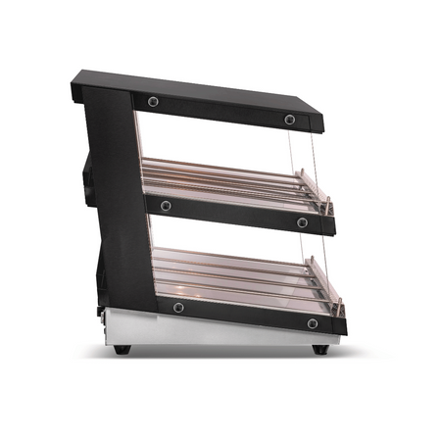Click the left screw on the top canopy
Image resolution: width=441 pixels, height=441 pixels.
(154, 101)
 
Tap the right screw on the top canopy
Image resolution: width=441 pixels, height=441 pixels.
(290, 119)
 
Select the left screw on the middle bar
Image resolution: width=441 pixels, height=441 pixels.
(166, 205)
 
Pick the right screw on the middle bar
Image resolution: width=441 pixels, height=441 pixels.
(302, 222)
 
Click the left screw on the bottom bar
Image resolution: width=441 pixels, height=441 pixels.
(177, 308)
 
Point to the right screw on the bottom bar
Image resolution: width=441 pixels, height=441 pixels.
(312, 323)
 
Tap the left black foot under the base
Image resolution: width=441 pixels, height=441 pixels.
(120, 348)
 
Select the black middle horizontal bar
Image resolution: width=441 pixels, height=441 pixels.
(235, 214)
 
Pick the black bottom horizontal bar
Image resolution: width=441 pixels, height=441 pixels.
(245, 316)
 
